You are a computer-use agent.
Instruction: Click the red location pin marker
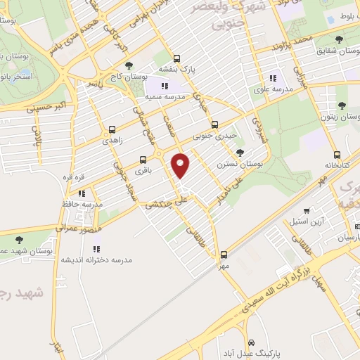(x=181, y=166)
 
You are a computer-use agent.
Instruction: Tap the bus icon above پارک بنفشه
(x=176, y=60)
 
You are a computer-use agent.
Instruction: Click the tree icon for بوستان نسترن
(x=240, y=152)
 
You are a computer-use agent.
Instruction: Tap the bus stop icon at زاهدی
(x=112, y=129)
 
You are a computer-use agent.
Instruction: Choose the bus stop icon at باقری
(x=143, y=160)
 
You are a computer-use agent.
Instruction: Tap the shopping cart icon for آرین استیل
(x=305, y=211)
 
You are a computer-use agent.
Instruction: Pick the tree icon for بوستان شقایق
(x=340, y=39)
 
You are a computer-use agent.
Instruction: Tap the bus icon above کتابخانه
(x=337, y=155)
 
